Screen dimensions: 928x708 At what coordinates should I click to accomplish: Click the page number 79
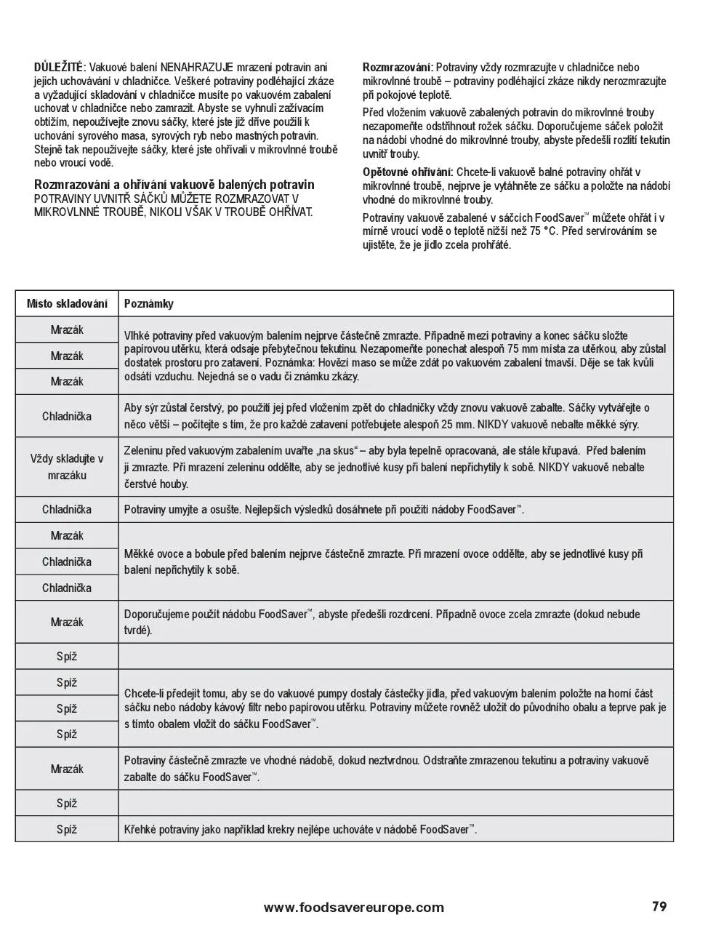tap(659, 906)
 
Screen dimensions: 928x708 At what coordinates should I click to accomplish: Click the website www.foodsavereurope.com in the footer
tap(353, 907)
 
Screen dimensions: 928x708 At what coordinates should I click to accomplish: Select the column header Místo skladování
tap(67, 303)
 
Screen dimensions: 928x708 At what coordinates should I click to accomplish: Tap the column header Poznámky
tap(149, 303)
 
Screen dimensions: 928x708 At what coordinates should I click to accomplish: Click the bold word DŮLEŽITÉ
tap(60, 68)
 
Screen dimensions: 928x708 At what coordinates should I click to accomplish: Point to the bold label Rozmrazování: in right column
tap(398, 68)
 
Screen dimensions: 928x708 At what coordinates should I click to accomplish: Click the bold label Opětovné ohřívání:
tap(408, 172)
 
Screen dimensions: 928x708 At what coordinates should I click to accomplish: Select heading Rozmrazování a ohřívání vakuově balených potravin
tap(174, 185)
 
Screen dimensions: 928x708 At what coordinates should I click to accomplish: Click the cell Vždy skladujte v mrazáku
tap(67, 467)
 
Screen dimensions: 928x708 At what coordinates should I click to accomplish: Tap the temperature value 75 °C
tap(545, 231)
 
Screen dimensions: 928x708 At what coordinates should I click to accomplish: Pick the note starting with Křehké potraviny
tap(300, 829)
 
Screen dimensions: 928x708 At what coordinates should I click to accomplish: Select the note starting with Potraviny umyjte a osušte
tap(323, 510)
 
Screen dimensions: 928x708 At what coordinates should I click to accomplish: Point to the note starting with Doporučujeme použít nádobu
tap(382, 622)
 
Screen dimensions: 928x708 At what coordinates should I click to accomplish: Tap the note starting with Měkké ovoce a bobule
tap(383, 561)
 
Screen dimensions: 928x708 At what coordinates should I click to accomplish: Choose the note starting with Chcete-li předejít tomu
tap(395, 708)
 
